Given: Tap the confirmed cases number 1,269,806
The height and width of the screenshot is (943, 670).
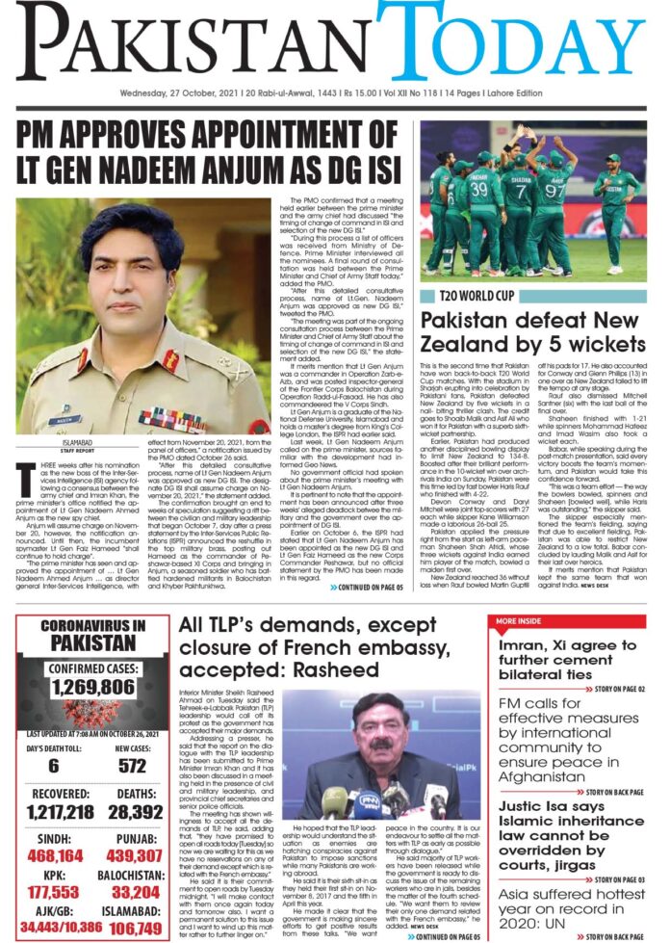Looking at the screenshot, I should (93, 686).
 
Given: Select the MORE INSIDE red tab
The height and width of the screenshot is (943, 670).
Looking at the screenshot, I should (524, 621).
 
